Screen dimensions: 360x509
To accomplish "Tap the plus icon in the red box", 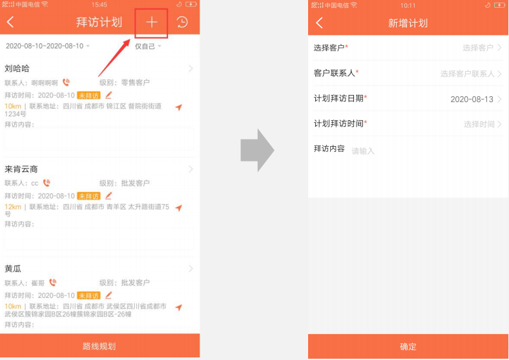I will (x=152, y=22).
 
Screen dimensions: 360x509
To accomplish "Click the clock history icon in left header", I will (x=183, y=22).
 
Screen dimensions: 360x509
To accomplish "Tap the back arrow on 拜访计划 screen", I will (x=10, y=23).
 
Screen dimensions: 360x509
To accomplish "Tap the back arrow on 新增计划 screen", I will (x=319, y=23).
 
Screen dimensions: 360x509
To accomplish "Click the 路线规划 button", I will (x=99, y=346).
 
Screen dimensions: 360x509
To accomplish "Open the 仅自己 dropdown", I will (x=148, y=47).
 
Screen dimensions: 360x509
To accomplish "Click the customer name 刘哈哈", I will (x=17, y=69).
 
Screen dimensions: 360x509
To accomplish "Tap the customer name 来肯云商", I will (x=21, y=169).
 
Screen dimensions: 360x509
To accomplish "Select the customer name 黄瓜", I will (x=13, y=269).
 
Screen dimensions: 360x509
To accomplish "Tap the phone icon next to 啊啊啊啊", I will (x=66, y=83).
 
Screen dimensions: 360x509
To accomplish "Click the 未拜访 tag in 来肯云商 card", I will (x=88, y=196).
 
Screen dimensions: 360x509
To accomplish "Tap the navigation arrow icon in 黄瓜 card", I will (x=179, y=307).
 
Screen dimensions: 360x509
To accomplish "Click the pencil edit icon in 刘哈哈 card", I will (x=109, y=95).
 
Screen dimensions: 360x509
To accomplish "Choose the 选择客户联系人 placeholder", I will (x=467, y=74).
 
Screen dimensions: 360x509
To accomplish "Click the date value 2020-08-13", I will (x=472, y=100).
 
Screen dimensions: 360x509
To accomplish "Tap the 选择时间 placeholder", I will (x=479, y=124).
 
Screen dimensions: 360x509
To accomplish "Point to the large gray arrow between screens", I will (x=257, y=151).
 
